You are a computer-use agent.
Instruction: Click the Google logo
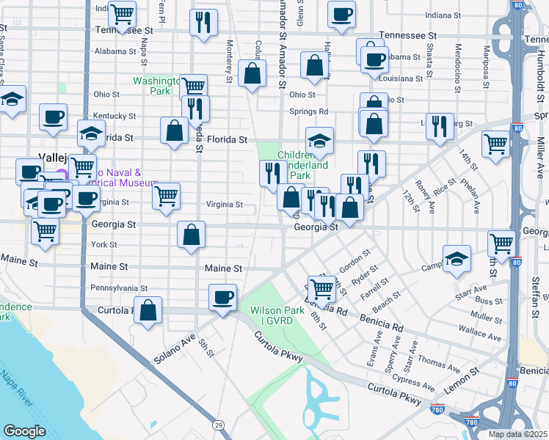click(x=24, y=431)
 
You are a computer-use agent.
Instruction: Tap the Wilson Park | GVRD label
click(x=277, y=316)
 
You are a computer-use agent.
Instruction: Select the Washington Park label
click(x=156, y=87)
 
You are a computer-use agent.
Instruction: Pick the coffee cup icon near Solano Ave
click(x=222, y=297)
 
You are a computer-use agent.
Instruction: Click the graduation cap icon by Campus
click(x=457, y=258)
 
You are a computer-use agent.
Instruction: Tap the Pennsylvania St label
click(x=119, y=289)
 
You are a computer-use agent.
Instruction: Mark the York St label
click(x=104, y=244)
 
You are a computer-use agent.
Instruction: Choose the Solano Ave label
click(x=174, y=351)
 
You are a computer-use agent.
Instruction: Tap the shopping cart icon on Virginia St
click(x=166, y=196)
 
